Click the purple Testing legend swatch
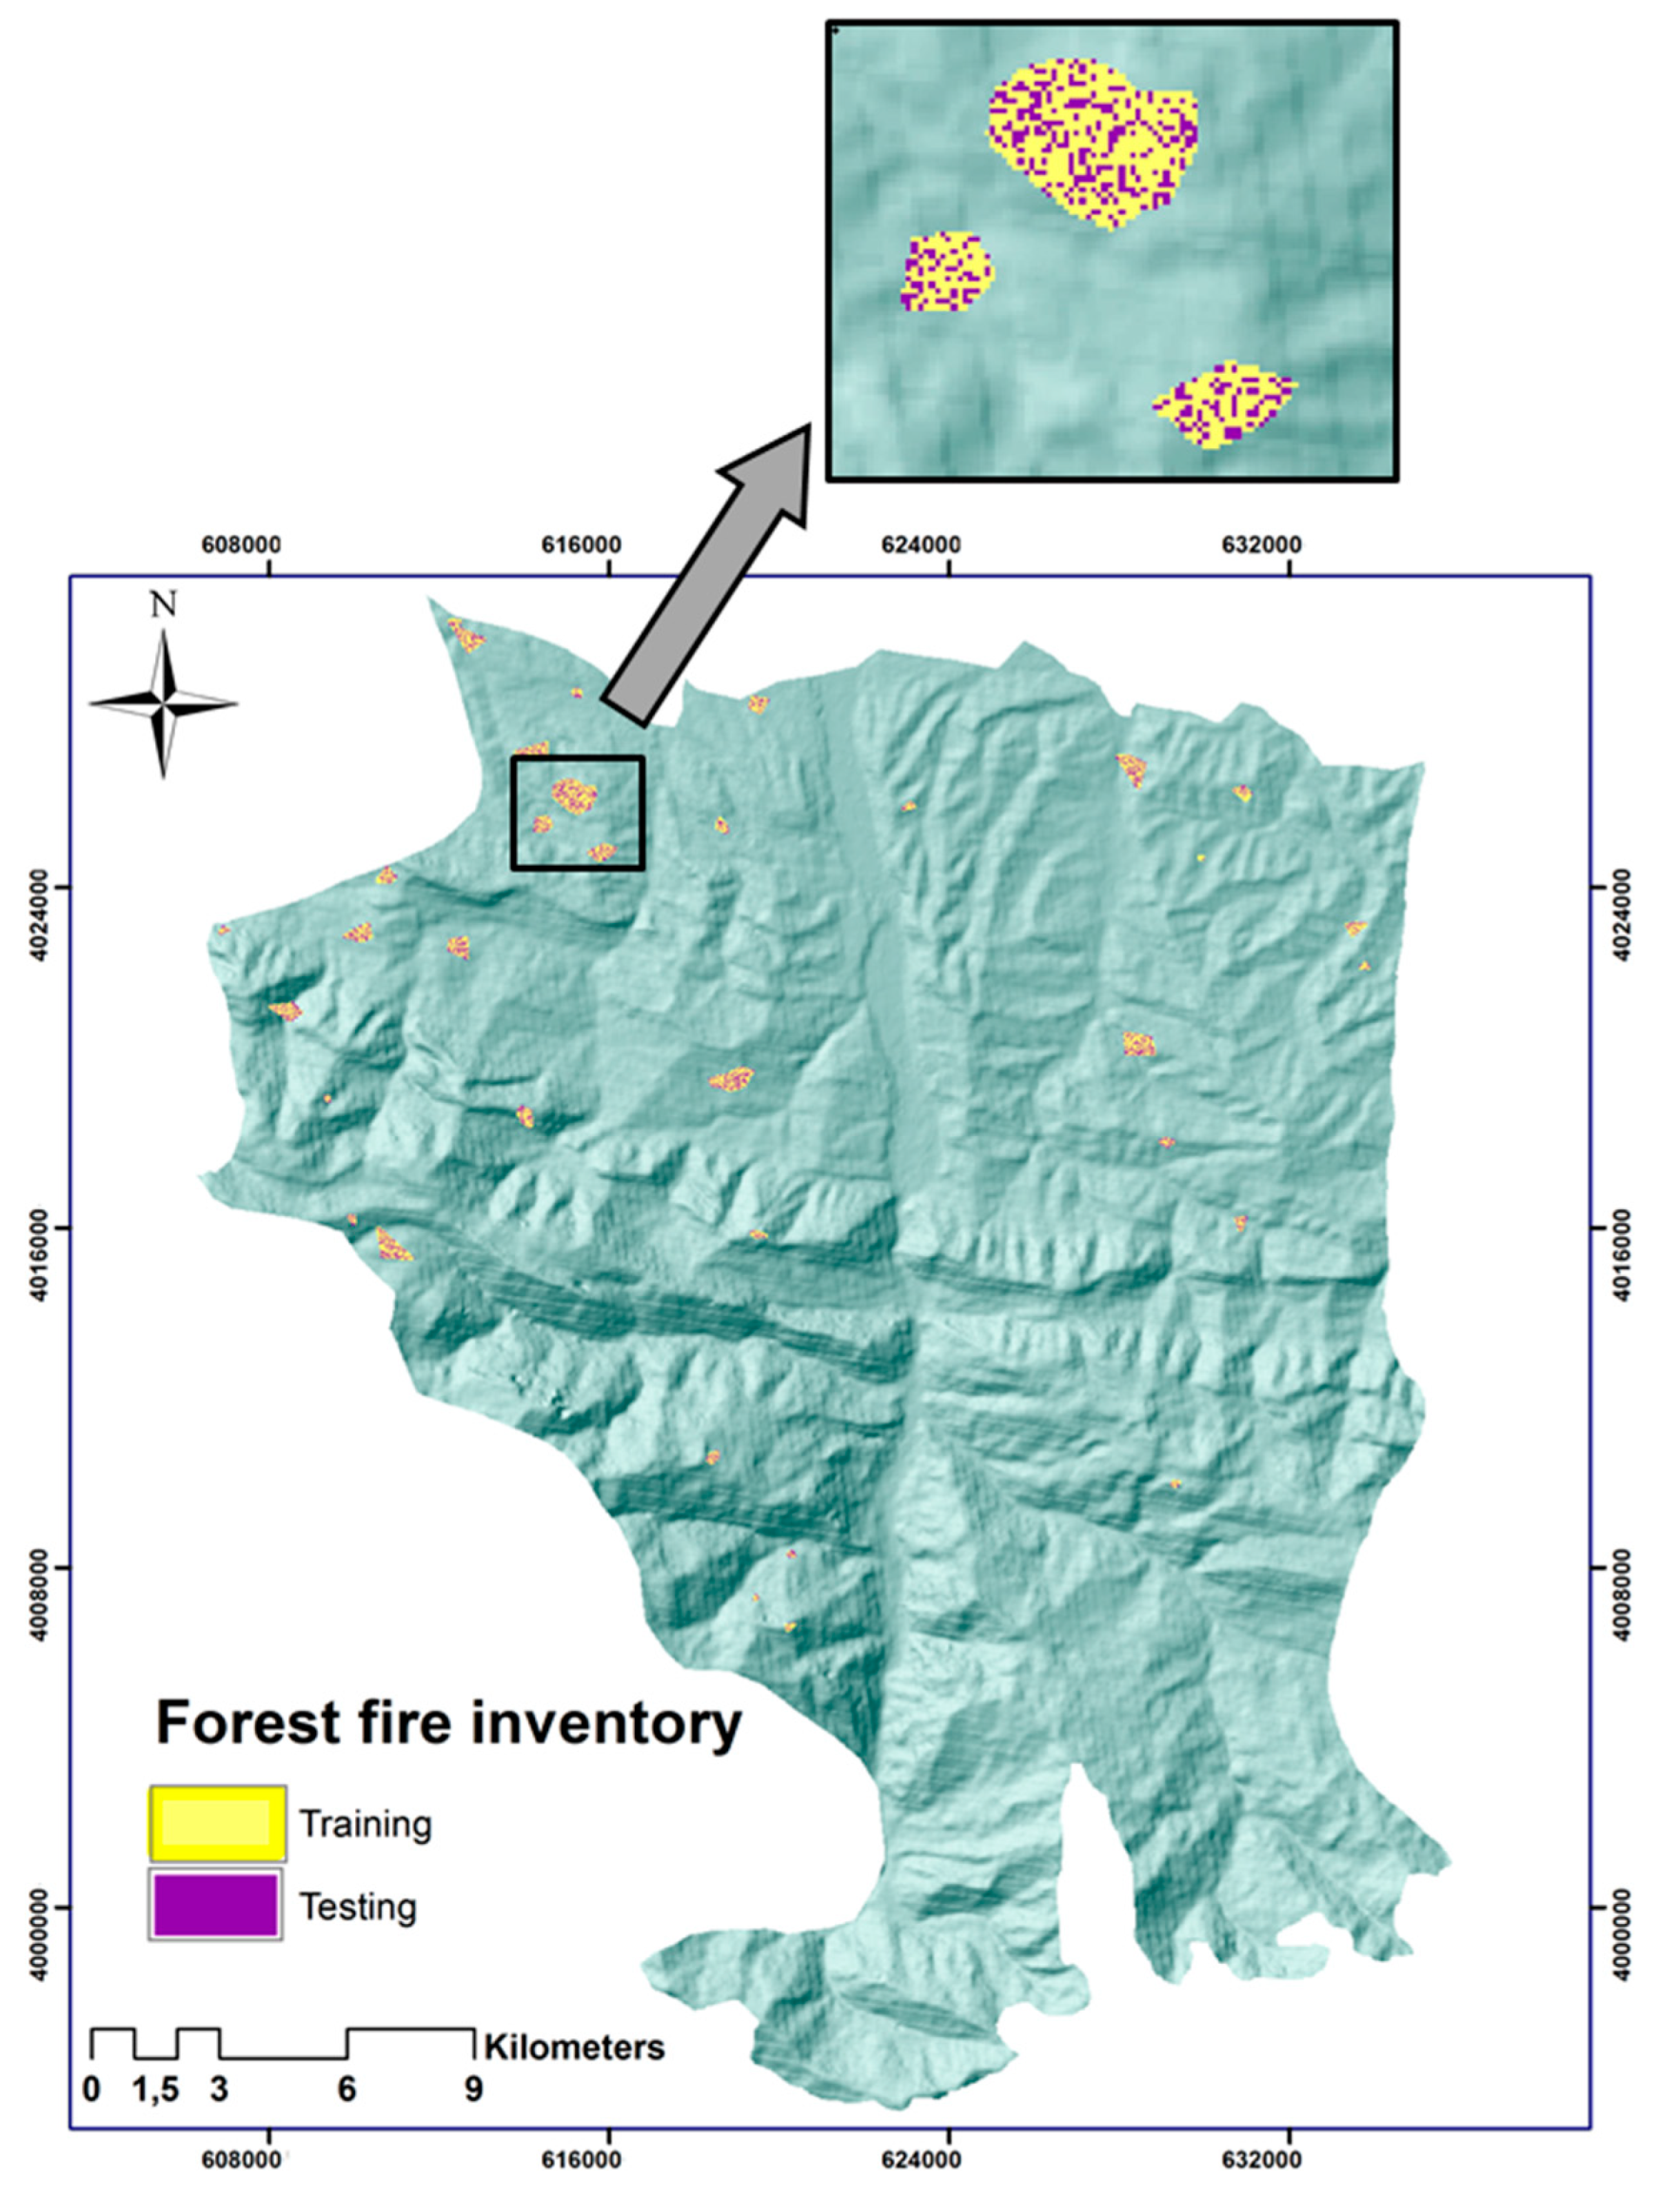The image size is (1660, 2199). tap(216, 1907)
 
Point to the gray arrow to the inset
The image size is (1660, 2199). tap(708, 574)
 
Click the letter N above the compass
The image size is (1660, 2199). tap(164, 604)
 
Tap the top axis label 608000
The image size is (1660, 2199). tap(241, 545)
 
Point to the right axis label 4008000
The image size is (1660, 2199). tap(1621, 1568)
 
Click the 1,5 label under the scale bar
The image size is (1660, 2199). tap(157, 2090)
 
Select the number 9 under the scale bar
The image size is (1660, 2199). tap(473, 2090)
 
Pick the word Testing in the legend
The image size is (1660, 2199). tap(358, 1908)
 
